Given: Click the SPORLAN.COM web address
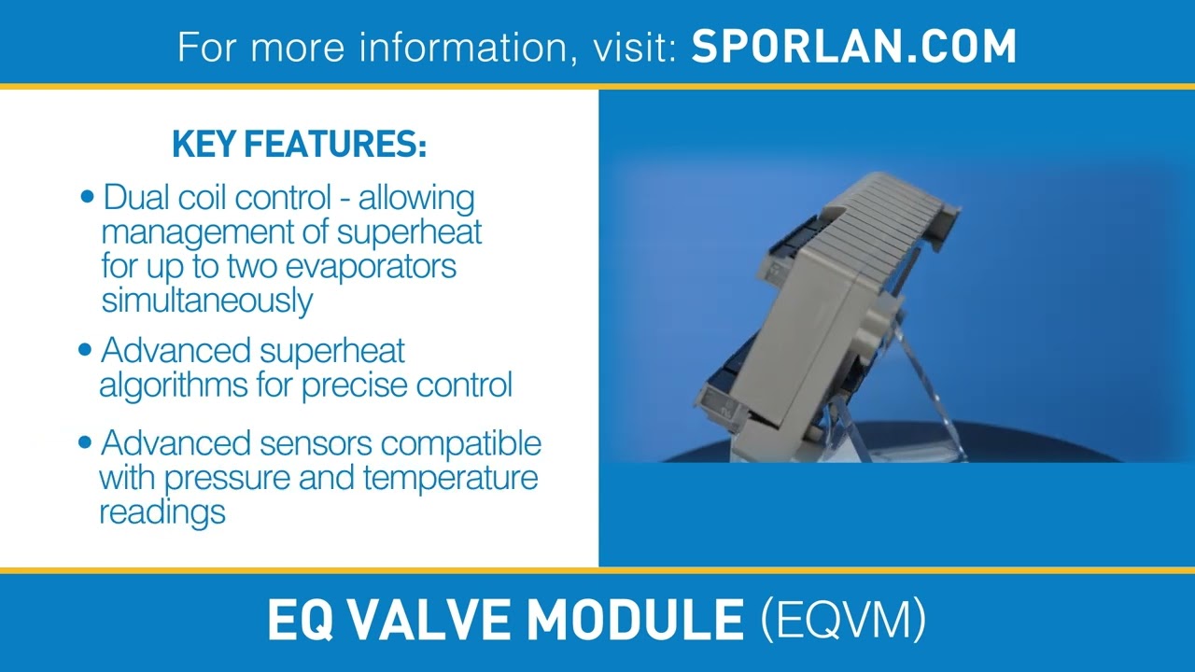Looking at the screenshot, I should (853, 46).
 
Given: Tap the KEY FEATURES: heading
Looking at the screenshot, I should (299, 145).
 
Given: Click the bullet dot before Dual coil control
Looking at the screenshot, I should (88, 197).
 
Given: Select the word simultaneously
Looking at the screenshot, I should (206, 301).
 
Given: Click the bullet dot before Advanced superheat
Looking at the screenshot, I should (86, 350).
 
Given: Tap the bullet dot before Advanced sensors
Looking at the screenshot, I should (86, 441).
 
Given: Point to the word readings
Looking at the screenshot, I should (162, 511).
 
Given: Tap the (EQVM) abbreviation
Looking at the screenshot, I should (843, 620).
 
